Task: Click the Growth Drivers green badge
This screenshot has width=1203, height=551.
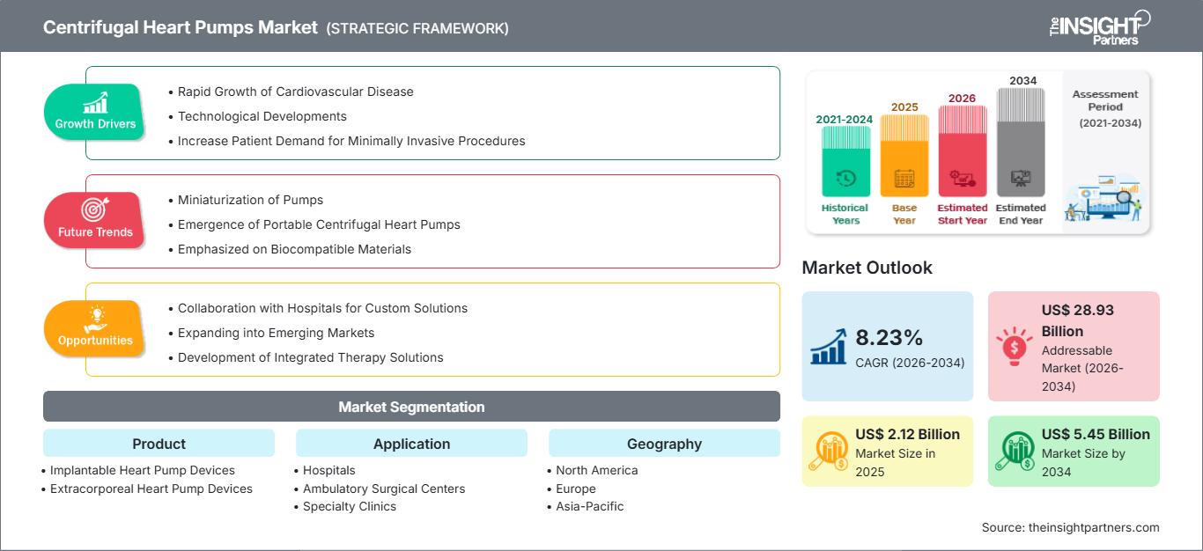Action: (94, 112)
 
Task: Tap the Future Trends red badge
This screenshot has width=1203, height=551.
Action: (94, 220)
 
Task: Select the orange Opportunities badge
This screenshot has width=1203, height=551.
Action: (94, 328)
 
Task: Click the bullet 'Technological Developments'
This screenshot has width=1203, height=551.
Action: (262, 116)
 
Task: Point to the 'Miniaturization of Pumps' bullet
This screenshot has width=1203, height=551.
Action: (250, 200)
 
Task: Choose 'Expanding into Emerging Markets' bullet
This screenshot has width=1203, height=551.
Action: (276, 333)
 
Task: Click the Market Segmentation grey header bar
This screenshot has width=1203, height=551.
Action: (411, 407)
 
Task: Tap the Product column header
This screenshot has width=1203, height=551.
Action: (159, 444)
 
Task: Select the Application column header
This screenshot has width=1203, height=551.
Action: (411, 444)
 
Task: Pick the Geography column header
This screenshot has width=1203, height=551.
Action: (664, 444)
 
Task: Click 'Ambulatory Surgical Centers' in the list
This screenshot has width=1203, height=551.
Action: (383, 489)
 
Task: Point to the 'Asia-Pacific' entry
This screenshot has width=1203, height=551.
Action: (589, 506)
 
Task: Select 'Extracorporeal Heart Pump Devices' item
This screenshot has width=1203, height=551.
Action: (151, 489)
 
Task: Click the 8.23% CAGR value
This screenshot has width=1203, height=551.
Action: (889, 337)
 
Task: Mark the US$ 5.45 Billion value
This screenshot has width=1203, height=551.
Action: (1096, 434)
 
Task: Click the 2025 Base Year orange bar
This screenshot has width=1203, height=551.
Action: (904, 156)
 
